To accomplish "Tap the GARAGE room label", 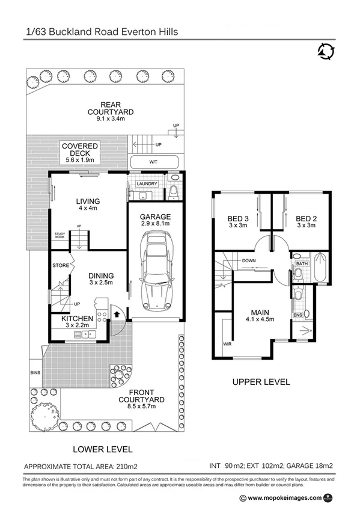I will point(156,217).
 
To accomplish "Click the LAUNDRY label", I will point(147,184).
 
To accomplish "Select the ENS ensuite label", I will point(296,314).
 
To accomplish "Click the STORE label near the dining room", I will point(60,264).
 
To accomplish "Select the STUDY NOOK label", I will point(59,235).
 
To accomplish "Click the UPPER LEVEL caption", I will point(262,381).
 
